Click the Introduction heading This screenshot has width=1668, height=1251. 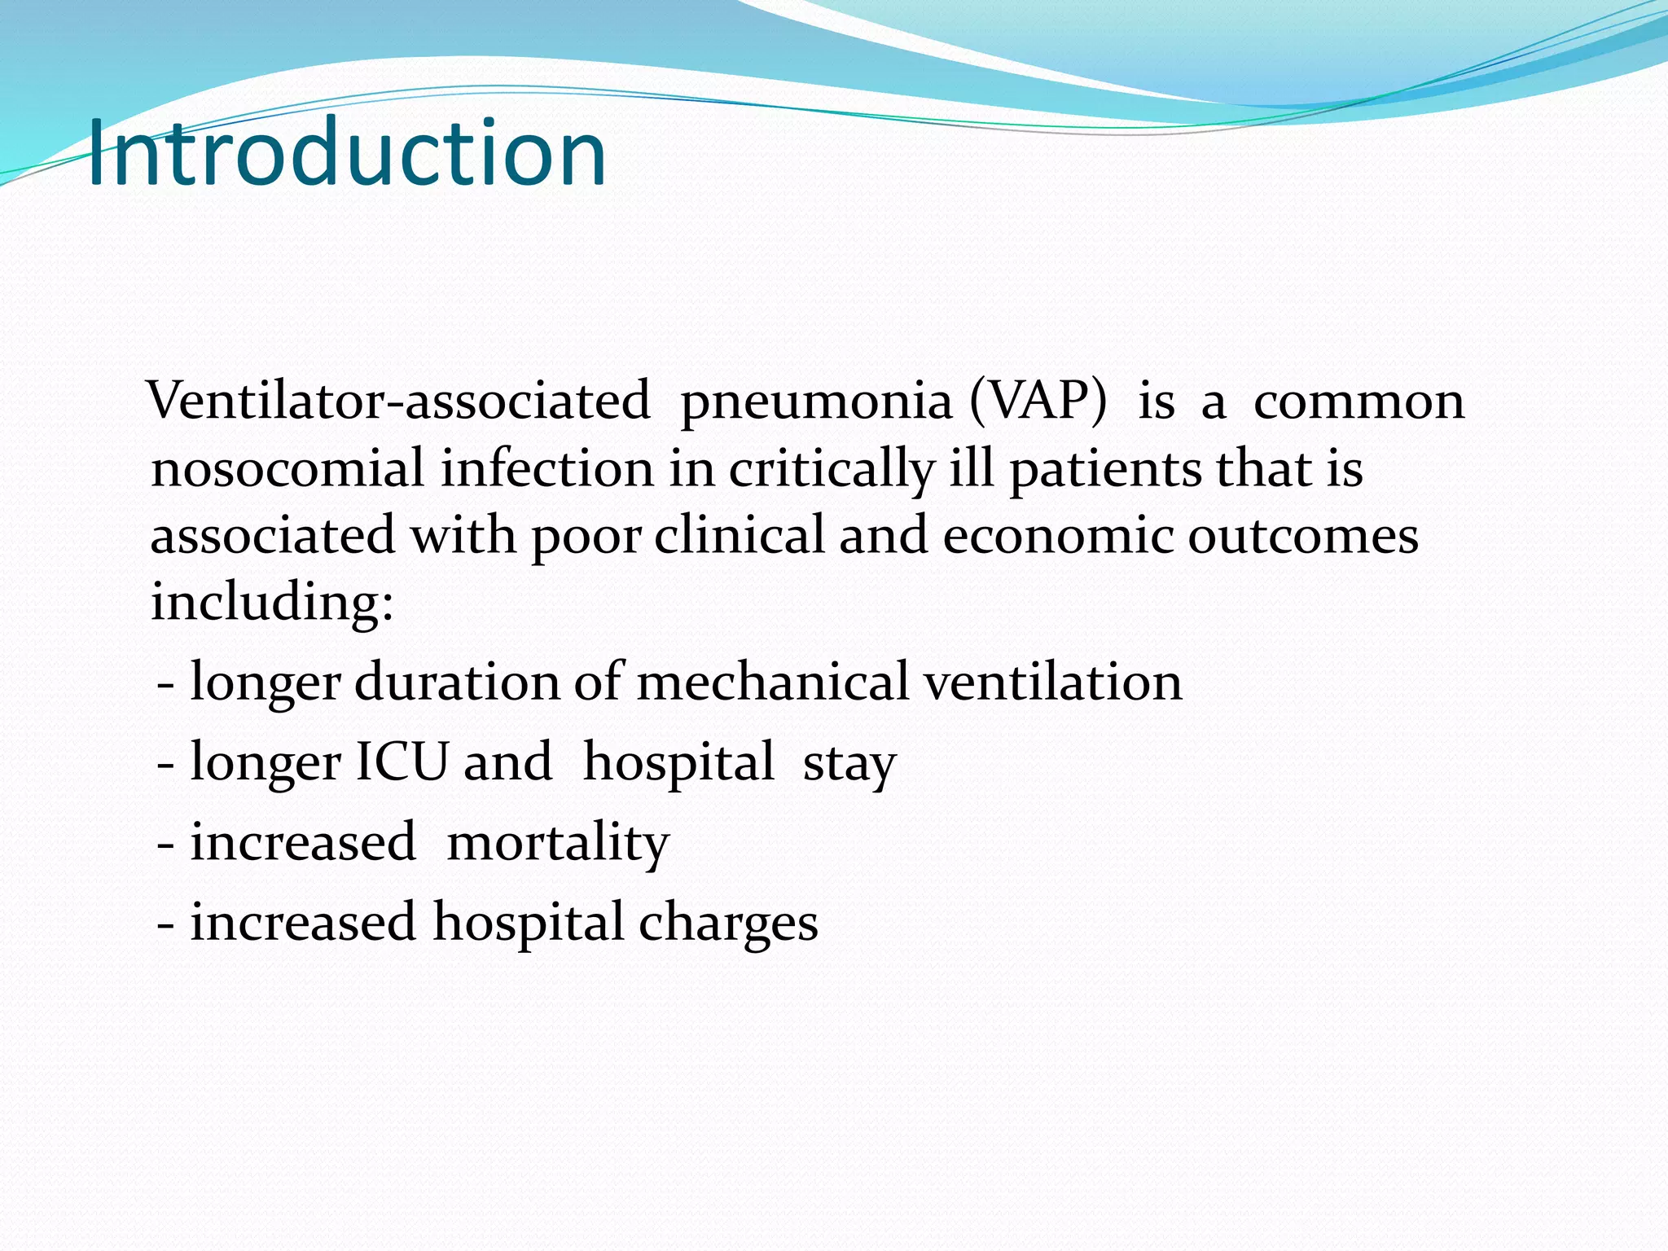pyautogui.click(x=346, y=153)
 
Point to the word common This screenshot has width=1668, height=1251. pyautogui.click(x=1359, y=402)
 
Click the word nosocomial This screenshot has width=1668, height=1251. pyautogui.click(x=288, y=470)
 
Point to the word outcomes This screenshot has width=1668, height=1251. pyautogui.click(x=1303, y=537)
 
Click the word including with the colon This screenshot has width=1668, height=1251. pyautogui.click(x=272, y=604)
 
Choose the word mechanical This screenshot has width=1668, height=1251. pyautogui.click(x=772, y=682)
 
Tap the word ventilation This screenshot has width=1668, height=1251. pyautogui.click(x=1052, y=682)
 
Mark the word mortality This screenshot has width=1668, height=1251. pyautogui.click(x=558, y=843)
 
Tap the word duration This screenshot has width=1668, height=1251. pyautogui.click(x=457, y=682)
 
